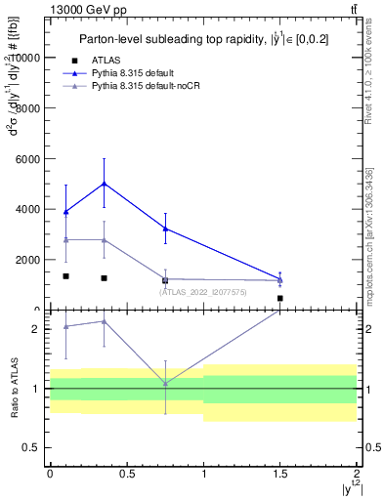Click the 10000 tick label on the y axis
point(24,58)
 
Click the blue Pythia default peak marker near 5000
point(104,184)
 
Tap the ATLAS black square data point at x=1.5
point(280,298)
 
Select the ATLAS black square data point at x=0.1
point(65,276)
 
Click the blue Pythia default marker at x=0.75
point(165,229)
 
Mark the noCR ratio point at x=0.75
point(165,384)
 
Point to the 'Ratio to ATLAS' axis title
point(15,390)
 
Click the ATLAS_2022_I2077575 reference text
point(202,292)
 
